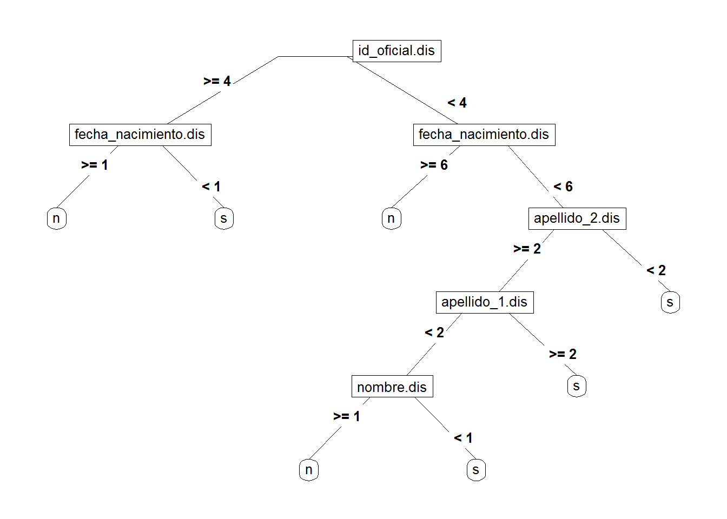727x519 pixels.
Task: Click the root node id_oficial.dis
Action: tap(396, 51)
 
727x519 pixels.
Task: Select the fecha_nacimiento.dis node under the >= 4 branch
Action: tap(140, 135)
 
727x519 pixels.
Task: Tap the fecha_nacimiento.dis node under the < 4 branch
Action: tap(484, 135)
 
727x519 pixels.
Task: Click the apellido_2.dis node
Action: tap(577, 218)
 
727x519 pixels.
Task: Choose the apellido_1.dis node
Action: tap(484, 302)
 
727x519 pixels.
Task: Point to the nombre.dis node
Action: tap(392, 387)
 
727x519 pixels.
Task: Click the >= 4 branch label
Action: tap(217, 81)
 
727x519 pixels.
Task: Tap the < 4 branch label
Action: tap(457, 103)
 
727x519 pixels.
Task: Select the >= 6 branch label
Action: tap(434, 165)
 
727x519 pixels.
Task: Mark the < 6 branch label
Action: tap(563, 187)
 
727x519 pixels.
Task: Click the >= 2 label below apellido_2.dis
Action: tap(527, 249)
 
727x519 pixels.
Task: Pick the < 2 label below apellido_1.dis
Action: tap(434, 332)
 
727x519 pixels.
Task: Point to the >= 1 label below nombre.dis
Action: tap(347, 416)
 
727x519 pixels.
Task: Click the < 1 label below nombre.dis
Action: tap(464, 438)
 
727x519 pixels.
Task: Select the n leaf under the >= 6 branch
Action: tap(391, 218)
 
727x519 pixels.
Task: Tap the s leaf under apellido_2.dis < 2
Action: tap(670, 302)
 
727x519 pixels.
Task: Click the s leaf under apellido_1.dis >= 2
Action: tap(577, 386)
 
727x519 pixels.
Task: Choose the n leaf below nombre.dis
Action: tap(309, 470)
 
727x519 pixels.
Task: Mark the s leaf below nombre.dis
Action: tap(476, 470)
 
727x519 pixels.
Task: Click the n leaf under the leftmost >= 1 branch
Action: tap(56, 218)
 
